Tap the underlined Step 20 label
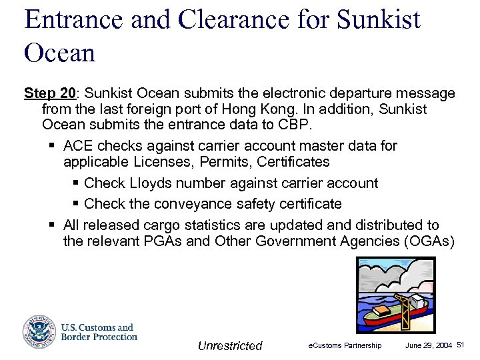point(50,93)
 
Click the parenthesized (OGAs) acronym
point(429,241)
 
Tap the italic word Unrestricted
point(230,345)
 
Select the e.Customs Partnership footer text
point(345,345)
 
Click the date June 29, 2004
point(429,345)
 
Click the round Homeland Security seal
point(39,331)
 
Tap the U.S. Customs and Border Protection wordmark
point(99,332)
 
